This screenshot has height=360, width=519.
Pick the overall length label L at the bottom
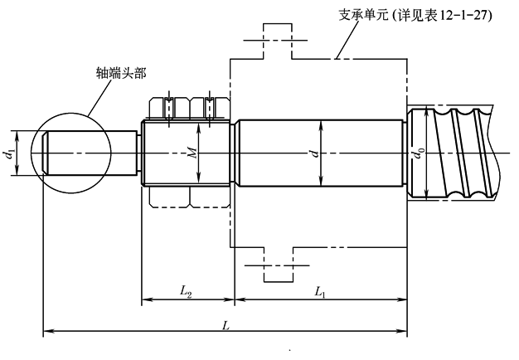(225, 324)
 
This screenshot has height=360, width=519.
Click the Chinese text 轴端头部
(121, 74)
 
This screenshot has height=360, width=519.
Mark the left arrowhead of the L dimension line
(48, 332)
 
